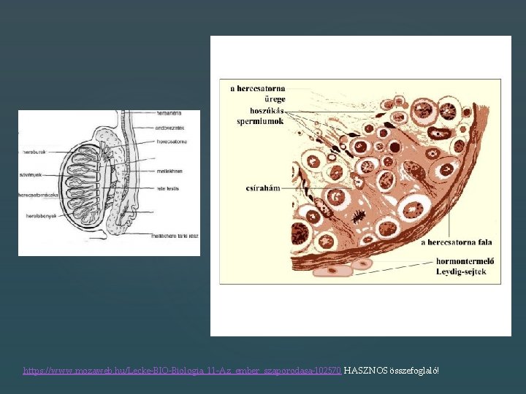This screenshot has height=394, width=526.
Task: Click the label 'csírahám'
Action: [261, 188]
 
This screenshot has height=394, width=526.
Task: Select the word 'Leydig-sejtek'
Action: [461, 271]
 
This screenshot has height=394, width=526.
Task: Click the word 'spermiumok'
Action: [260, 121]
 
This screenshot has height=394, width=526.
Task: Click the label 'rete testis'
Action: [167, 189]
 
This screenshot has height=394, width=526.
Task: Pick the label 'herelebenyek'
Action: [34, 216]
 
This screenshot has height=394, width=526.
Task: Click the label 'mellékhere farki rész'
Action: [175, 236]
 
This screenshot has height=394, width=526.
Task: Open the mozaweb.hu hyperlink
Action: [182, 371]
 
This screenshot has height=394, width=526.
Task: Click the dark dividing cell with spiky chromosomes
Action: [359, 215]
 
